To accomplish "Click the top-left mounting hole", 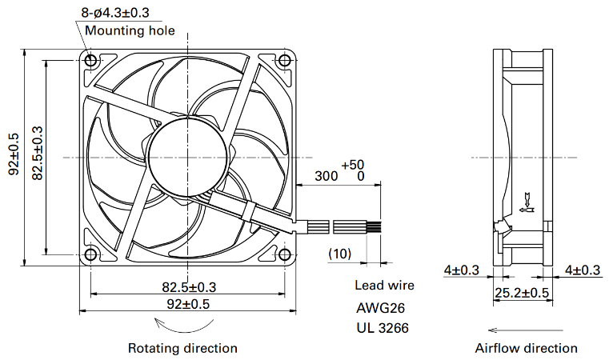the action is point(90,61).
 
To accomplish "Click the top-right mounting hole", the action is point(285,61).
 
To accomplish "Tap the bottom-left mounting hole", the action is point(90,254).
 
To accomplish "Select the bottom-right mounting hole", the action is point(285,254).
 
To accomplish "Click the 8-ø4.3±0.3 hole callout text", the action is point(115,13).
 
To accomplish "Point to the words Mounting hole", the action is point(130,30).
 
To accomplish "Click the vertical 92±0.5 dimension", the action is point(14,154).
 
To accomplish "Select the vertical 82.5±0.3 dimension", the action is point(37,153).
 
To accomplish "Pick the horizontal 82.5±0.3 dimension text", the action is point(189,287).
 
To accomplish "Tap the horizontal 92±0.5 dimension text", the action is point(188,304).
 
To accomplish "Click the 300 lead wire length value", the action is point(326,176).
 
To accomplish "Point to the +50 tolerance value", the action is point(353,165).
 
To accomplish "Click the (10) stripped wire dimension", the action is point(339,254).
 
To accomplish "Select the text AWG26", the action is point(380,308).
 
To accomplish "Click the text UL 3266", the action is point(383,327).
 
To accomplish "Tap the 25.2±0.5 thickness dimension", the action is point(522,293).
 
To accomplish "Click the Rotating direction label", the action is point(182,348).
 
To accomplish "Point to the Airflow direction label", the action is point(526,348).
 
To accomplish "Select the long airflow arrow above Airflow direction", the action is point(526,330).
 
